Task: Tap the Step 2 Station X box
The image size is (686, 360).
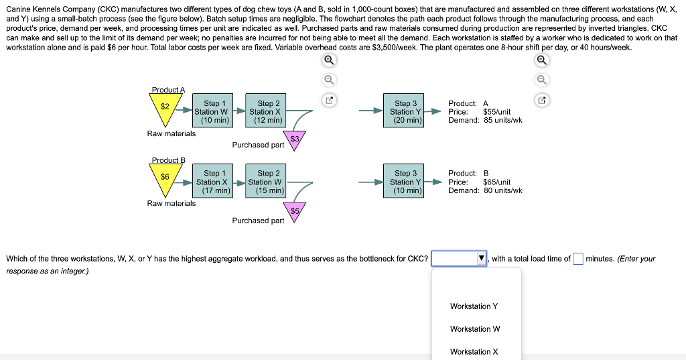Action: pos(265,112)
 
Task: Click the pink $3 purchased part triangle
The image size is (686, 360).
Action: pos(293,139)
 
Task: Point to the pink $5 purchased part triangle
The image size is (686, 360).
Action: pos(293,210)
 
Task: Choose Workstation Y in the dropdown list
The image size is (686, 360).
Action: pos(474,306)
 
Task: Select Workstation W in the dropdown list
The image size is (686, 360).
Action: pos(474,329)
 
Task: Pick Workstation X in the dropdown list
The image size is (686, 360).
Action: pos(474,352)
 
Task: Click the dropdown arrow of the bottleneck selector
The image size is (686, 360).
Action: pos(481,259)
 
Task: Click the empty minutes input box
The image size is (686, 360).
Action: pos(578,259)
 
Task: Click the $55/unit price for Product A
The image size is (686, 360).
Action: pos(496,112)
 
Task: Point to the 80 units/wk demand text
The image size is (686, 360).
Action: pos(502,190)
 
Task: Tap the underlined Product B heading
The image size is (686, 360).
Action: pos(168,160)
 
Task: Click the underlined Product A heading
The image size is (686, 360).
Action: pos(168,90)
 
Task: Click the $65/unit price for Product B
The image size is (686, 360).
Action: pos(496,182)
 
